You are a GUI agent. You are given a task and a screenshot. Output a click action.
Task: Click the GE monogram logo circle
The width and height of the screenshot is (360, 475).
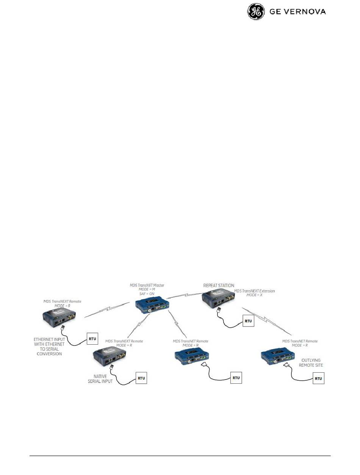[256, 12]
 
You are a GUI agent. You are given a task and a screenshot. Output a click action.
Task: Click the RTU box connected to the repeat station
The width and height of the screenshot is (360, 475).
[248, 321]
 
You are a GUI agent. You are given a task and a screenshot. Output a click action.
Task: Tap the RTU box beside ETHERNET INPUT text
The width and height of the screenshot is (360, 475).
[92, 338]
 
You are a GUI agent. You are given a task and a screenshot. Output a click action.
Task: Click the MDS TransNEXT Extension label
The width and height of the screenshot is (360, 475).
[254, 291]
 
